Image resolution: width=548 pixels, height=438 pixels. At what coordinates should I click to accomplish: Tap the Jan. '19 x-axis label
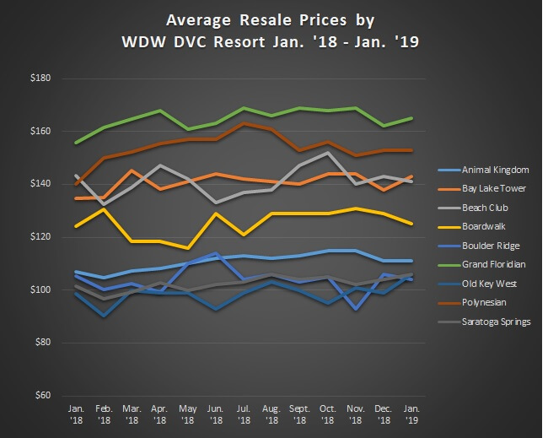411,412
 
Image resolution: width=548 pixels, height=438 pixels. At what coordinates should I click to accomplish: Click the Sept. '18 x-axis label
299,412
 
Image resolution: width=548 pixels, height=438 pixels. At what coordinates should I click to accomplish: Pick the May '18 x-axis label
187,412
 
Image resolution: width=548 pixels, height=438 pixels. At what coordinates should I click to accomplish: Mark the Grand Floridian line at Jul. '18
244,108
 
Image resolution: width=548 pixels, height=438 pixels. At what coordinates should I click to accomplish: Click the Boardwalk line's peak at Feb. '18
104,209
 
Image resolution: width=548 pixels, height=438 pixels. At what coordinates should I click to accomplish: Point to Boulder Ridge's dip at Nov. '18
356,309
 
